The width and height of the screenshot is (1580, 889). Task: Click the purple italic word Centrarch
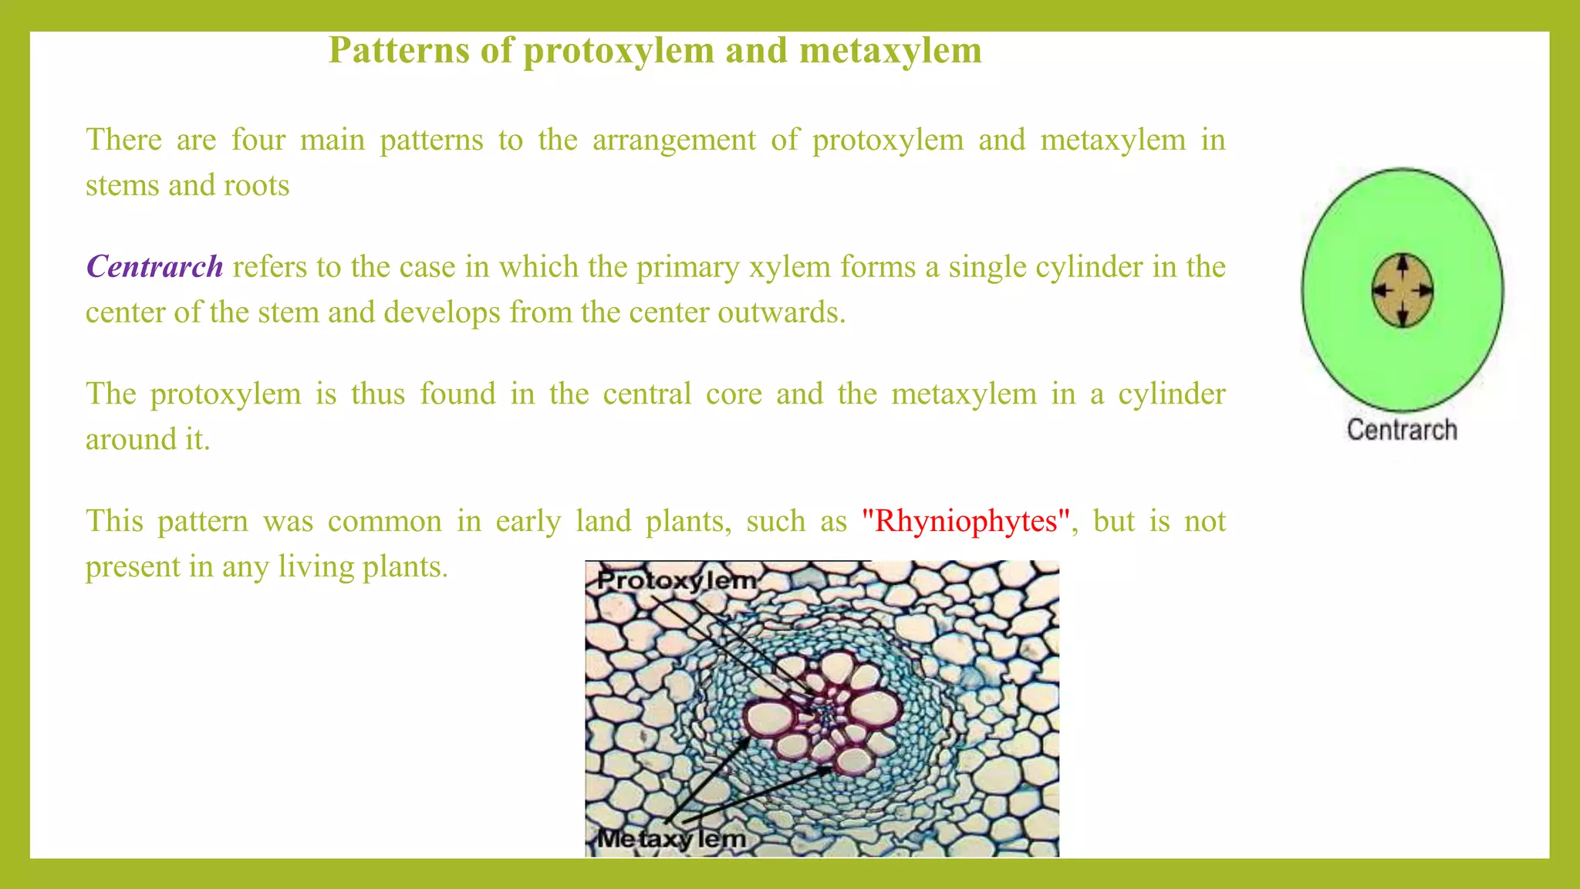[x=154, y=267]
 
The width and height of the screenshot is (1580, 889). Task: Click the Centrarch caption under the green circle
[x=1402, y=430]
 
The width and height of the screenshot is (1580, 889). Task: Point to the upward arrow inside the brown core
[x=1403, y=266]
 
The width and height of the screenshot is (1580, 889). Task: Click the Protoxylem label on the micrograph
[x=677, y=580]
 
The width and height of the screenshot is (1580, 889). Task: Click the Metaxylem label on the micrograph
[x=671, y=838]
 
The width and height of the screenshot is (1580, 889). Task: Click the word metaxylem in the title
[x=890, y=51]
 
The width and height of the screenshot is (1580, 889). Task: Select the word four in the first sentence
[x=258, y=140]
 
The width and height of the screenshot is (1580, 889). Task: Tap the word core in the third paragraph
[x=733, y=394]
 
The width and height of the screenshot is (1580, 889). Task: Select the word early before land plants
[x=528, y=521]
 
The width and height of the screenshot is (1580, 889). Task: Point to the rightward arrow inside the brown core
[x=1423, y=291]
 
